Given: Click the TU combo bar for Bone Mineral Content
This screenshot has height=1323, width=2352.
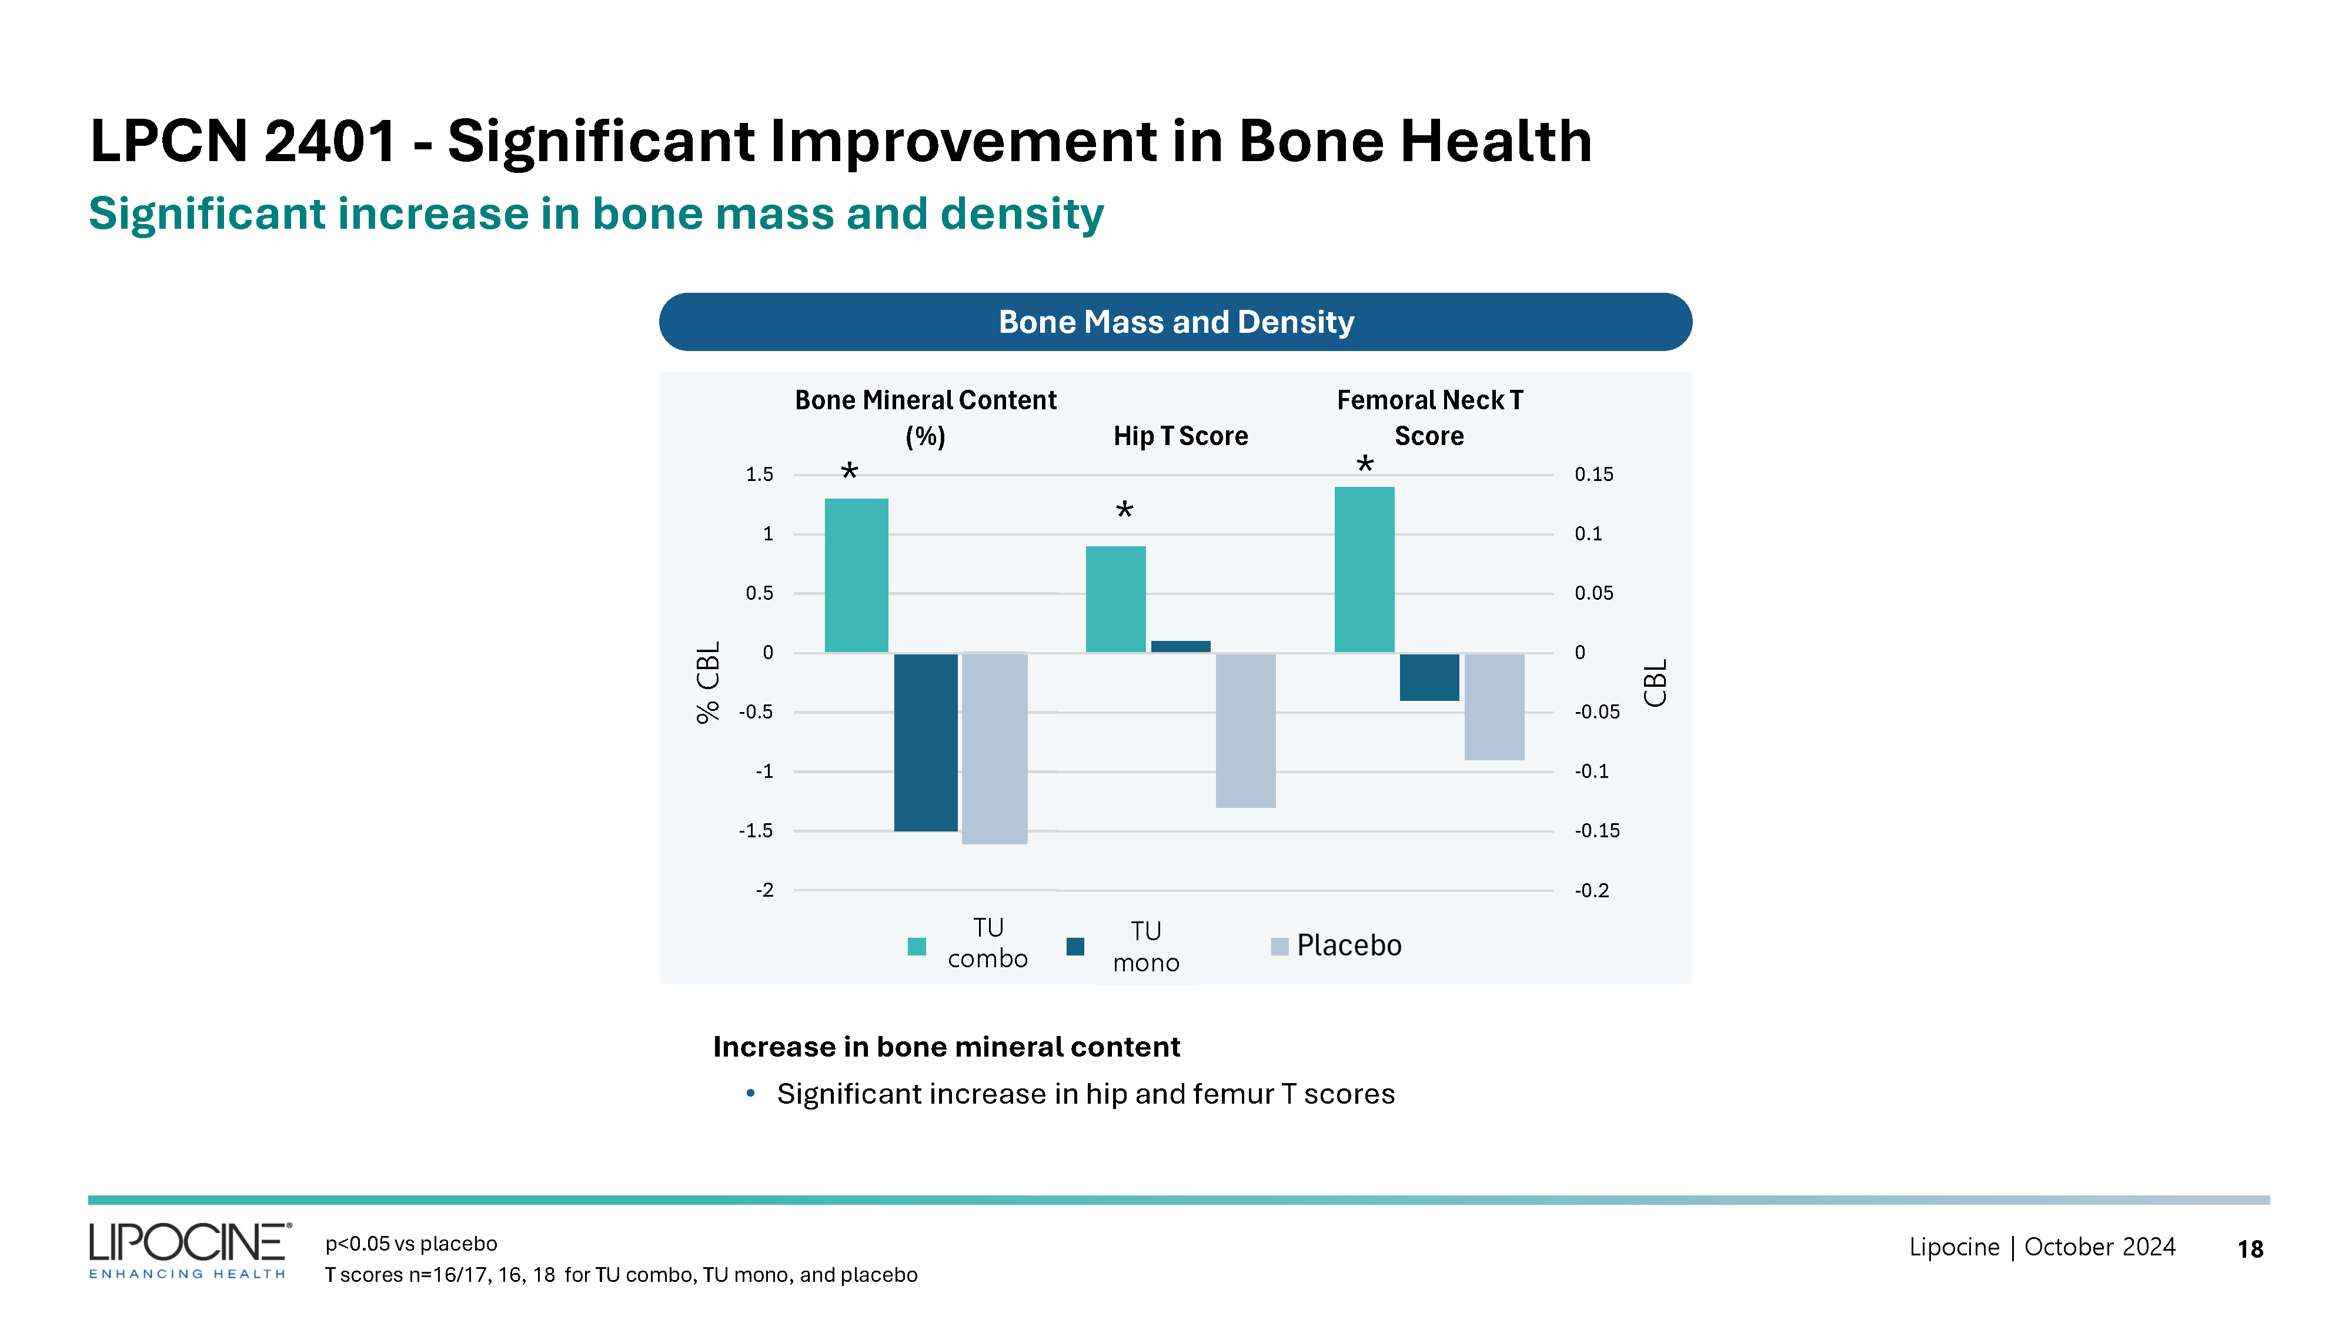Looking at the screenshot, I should click(856, 575).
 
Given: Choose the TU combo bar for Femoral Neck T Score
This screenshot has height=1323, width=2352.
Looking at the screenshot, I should click(1364, 570).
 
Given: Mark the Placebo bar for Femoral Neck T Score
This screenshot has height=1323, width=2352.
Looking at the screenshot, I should click(1494, 707).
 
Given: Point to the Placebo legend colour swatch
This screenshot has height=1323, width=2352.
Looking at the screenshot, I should click(1279, 946).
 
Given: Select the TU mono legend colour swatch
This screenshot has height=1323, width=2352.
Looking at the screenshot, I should click(1075, 946).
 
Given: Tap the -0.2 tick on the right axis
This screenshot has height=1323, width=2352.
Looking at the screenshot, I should click(1592, 890).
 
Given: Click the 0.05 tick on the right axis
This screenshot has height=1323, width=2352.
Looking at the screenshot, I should click(1593, 593).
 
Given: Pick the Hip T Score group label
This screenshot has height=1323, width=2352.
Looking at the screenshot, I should click(1180, 436).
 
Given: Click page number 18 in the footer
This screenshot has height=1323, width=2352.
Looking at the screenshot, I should click(2250, 1249).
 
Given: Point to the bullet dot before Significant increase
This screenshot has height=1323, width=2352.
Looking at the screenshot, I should click(750, 1093).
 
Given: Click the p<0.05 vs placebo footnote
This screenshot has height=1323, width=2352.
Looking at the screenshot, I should click(411, 1244).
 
